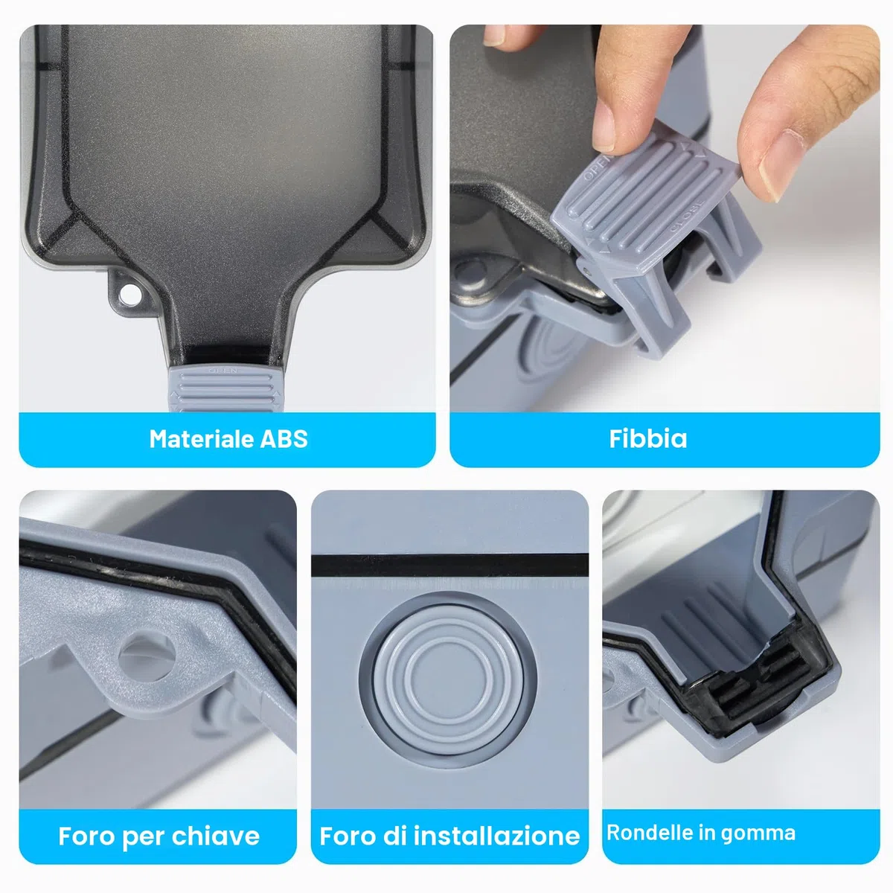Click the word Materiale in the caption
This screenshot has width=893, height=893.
(201, 438)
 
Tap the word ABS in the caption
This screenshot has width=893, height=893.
(284, 438)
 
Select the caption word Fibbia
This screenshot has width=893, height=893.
(647, 438)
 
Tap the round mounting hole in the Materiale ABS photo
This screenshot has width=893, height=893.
(129, 294)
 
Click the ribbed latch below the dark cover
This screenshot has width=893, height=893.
(225, 388)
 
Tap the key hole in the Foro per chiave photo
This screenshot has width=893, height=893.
(147, 657)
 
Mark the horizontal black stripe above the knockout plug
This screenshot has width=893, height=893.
(449, 566)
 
